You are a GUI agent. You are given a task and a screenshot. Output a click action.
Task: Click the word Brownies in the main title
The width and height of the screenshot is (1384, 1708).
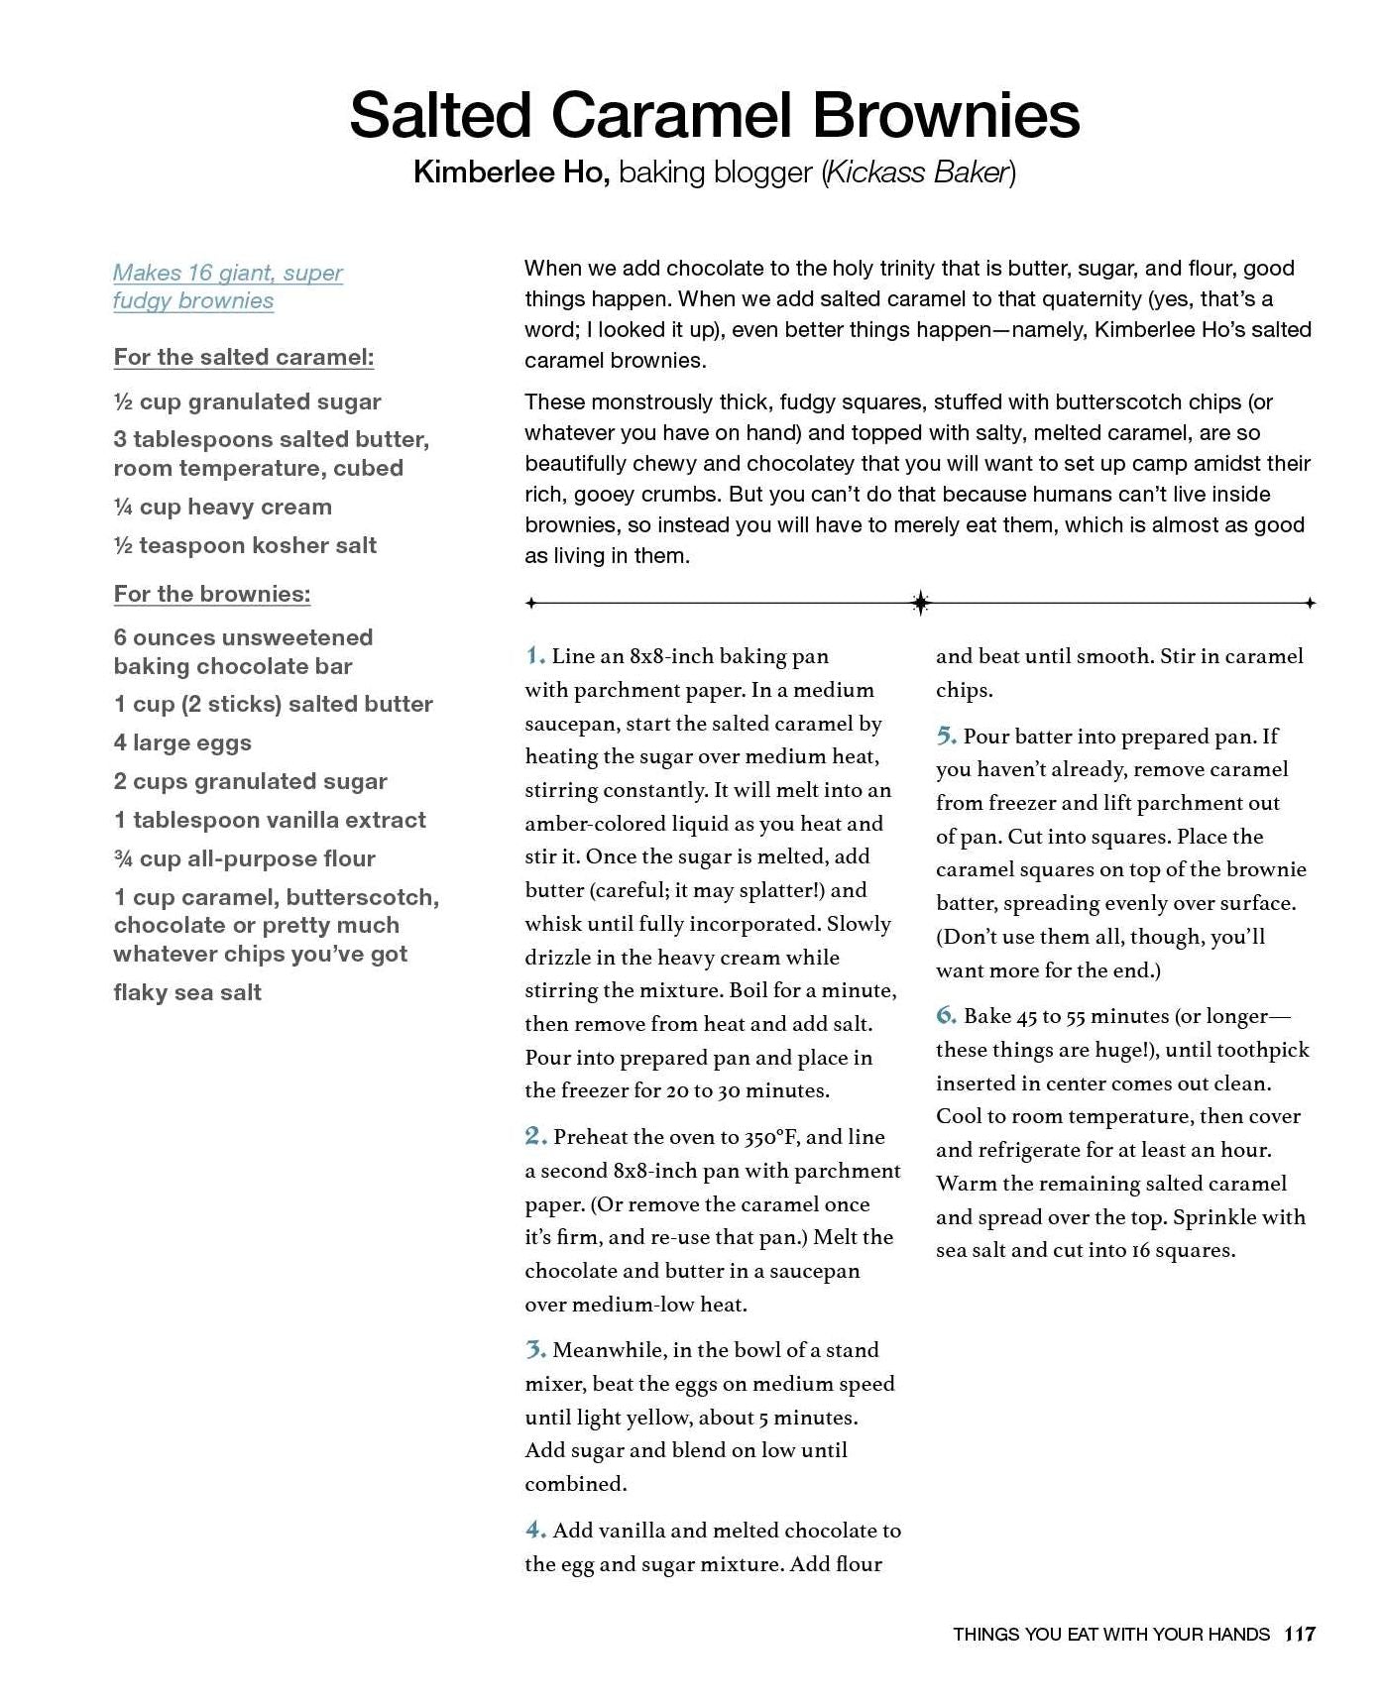(946, 116)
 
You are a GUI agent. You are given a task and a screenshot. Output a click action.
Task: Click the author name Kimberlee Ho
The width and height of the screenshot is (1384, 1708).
(511, 172)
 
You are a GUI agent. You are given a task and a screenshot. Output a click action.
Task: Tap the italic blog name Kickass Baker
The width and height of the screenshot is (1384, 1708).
(918, 172)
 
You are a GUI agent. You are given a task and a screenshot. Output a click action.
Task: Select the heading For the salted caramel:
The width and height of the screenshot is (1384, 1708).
(244, 357)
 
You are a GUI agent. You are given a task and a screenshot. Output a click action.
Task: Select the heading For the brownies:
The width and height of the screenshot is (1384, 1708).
(212, 594)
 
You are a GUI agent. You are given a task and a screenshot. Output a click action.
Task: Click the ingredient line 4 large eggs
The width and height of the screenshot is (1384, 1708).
(182, 742)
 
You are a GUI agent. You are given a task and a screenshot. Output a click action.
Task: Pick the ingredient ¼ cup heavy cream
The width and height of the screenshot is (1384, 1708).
(223, 507)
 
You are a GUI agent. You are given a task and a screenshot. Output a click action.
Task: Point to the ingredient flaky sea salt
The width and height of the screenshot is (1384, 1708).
(187, 992)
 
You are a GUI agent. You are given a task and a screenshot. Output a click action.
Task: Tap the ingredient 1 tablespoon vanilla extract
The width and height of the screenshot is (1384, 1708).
(270, 820)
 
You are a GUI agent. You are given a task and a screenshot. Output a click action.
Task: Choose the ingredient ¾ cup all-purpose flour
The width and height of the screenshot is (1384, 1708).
(245, 858)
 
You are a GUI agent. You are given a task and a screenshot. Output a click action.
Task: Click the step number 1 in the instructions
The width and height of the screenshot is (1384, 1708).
(534, 655)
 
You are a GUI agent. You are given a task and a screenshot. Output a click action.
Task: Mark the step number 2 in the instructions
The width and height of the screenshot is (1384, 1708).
(535, 1136)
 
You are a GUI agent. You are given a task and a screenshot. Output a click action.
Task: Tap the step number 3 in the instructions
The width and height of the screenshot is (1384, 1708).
(535, 1349)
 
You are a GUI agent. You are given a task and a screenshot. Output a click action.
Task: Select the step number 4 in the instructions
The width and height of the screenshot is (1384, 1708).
(535, 1530)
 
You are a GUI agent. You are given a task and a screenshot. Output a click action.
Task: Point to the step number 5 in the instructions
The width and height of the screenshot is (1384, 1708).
(946, 736)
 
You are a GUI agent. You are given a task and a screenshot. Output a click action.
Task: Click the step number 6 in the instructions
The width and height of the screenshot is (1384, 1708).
(946, 1015)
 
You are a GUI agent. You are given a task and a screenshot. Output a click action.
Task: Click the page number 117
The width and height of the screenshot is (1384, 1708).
(1300, 1635)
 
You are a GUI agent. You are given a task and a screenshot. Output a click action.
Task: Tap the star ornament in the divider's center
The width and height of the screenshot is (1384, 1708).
(920, 603)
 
